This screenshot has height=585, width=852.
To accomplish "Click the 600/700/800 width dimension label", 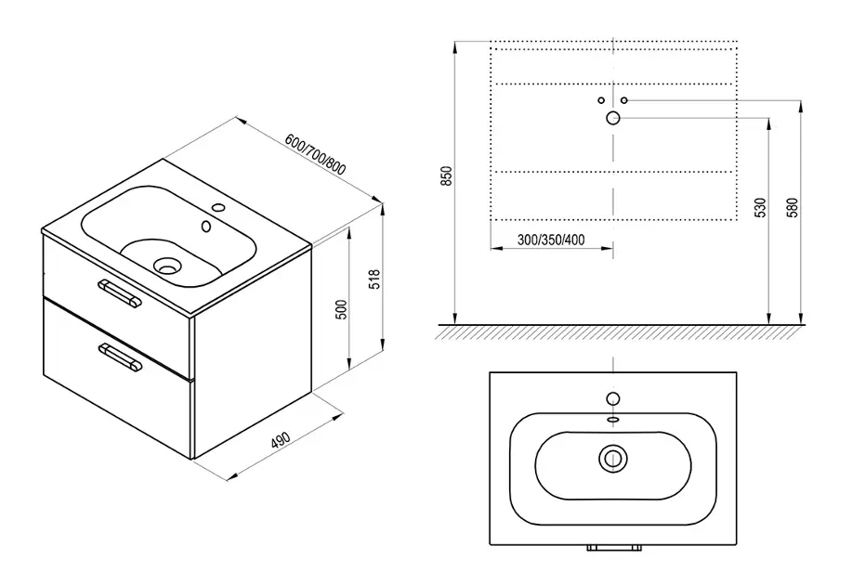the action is pos(315,155).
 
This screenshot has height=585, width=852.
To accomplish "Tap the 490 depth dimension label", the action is pos(281,439).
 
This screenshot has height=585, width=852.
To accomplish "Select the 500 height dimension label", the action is pos(341,309).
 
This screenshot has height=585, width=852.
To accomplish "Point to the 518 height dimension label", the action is pos(375,279).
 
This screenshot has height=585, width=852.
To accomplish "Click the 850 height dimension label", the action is pos(446,176).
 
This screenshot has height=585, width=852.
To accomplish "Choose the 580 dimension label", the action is pos(793,208).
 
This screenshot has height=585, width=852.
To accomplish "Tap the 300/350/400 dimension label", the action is pos(551,240).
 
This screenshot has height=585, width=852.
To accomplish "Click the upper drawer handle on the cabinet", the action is pos(120,293).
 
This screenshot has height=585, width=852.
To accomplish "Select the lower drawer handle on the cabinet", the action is pos(120,357).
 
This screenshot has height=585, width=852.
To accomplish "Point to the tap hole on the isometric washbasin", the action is pos(219,207).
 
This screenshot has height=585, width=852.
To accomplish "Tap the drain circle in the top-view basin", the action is pos(613,458).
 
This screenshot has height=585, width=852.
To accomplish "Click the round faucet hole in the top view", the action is pos(613,398).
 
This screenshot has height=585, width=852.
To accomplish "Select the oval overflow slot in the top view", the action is pos(613,420).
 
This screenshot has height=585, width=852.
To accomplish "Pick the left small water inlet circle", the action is pos(601,100).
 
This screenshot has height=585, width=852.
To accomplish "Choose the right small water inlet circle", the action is pos(624,100).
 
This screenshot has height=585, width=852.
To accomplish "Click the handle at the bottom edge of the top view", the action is pos(613,548).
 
